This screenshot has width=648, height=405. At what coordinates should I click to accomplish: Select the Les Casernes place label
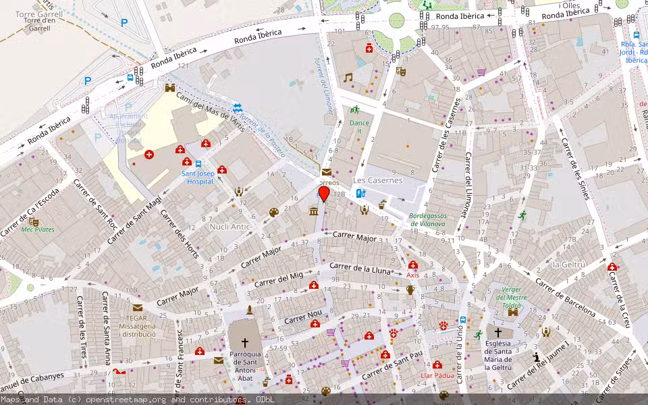pyautogui.click(x=377, y=180)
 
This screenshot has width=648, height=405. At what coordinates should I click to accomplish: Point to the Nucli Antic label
pyautogui.click(x=230, y=227)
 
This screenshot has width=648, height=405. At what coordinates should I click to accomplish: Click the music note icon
pyautogui.click(x=348, y=78)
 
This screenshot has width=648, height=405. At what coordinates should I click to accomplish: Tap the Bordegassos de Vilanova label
pyautogui.click(x=428, y=219)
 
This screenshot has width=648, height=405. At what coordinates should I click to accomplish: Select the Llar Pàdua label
pyautogui.click(x=437, y=375)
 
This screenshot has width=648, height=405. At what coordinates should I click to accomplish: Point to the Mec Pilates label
pyautogui.click(x=37, y=230)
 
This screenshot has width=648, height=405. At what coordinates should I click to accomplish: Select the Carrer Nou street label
pyautogui.click(x=303, y=317)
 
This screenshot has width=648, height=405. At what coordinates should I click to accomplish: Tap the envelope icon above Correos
pyautogui.click(x=327, y=172)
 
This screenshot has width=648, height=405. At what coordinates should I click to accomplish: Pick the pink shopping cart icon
pyautogui.click(x=481, y=72)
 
